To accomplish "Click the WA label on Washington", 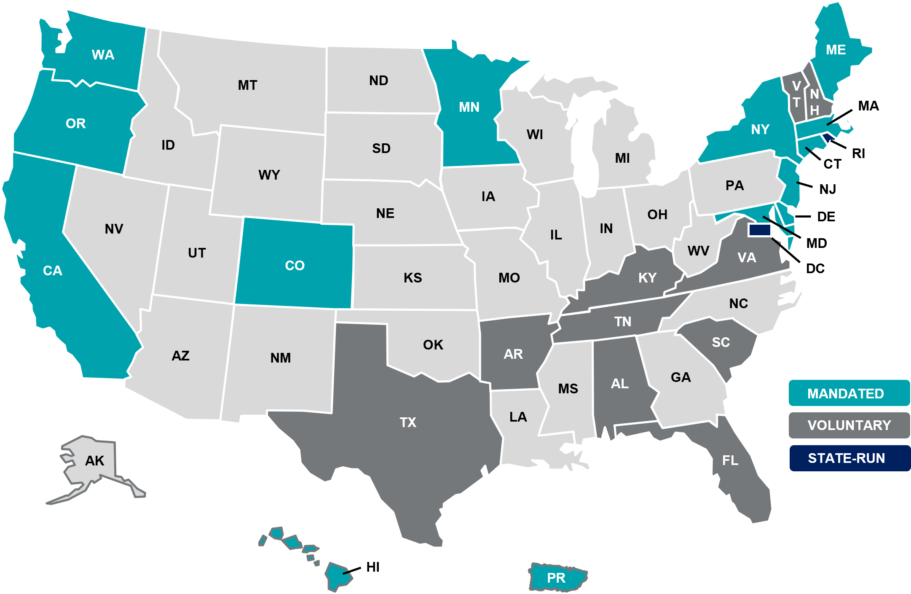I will point(103,55).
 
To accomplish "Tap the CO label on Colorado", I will point(295,266).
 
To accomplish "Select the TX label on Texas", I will point(408,422).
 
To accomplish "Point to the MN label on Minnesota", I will point(469,107).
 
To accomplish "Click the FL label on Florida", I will point(730,460).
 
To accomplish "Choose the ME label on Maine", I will point(836,50).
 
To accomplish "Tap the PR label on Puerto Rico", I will point(556,578).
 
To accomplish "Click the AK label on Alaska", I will point(94,461).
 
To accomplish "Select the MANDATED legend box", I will point(849,393).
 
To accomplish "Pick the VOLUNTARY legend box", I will point(849,425).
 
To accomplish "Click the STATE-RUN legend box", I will point(849,458).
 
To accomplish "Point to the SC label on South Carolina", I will point(721,342).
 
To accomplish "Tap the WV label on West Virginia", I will point(698,251).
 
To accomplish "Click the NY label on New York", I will point(760,129).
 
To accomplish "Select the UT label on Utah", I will point(197,253).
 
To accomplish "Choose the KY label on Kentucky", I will point(647,278).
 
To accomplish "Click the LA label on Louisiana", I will point(518,417).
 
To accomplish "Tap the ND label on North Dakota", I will point(378,81).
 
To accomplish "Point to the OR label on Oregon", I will point(76,124).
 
